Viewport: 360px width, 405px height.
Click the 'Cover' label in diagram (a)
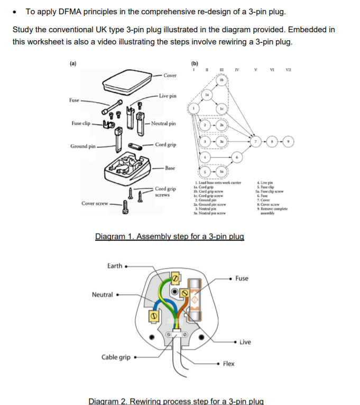170,76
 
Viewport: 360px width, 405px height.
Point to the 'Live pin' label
168,96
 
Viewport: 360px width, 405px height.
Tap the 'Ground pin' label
83,146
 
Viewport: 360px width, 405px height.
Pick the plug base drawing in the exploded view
129,168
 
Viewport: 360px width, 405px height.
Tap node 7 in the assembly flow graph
257,142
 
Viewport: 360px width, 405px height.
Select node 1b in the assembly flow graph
222,80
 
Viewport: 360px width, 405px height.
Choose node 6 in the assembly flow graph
237,159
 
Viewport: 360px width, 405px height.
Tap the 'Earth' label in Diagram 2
115,266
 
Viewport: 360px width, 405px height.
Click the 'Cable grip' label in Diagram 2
116,357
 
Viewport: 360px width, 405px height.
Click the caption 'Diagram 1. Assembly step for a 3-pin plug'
169,236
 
